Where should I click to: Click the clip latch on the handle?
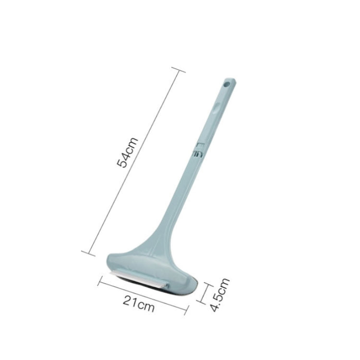tap(199, 150)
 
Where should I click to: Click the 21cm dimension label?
tap(139, 303)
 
